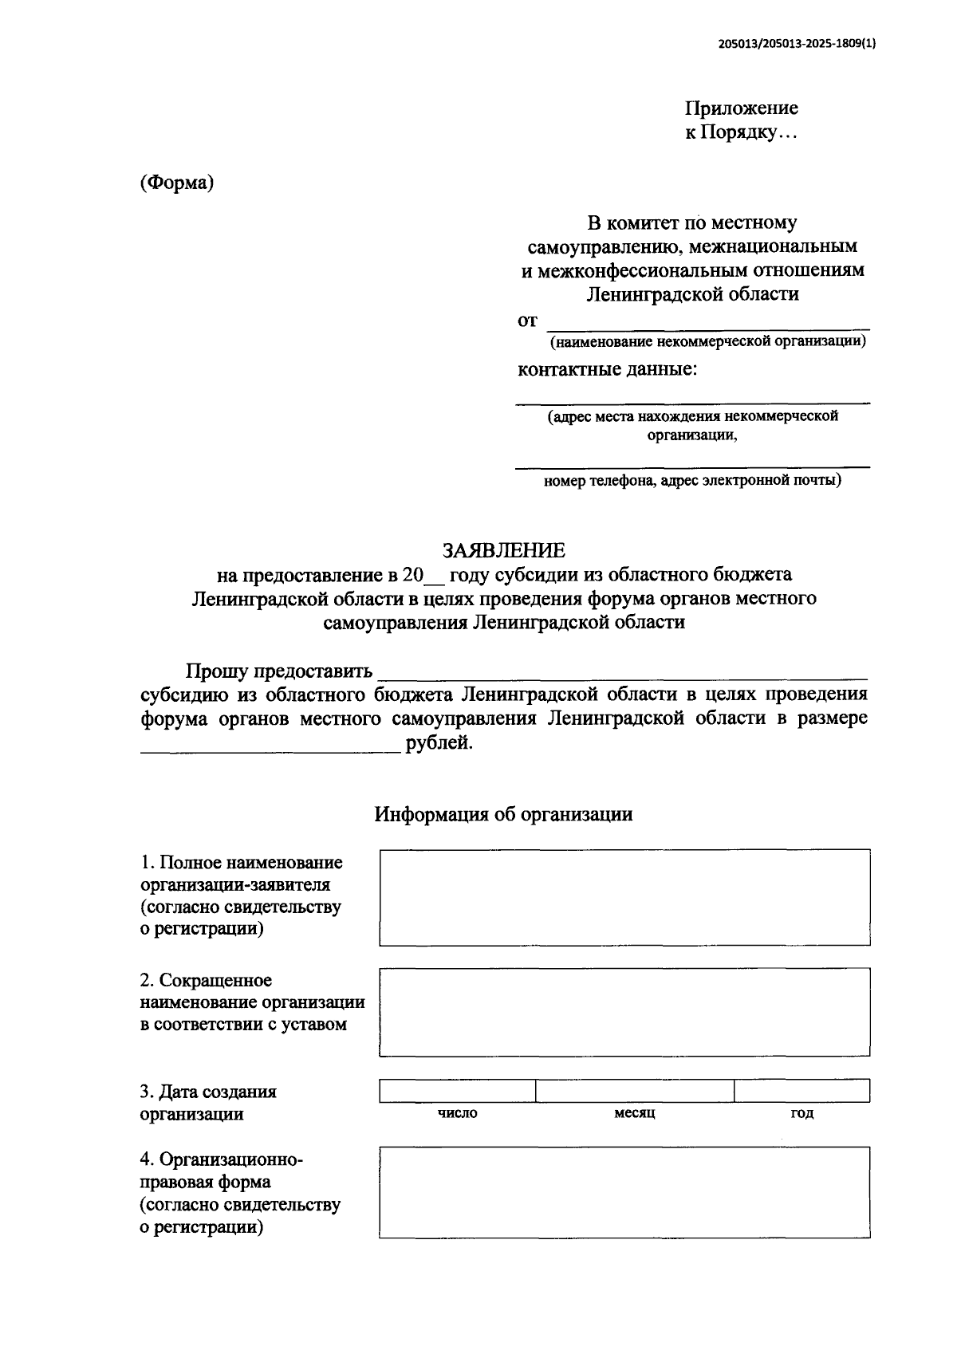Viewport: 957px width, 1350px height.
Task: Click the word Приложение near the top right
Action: tap(742, 108)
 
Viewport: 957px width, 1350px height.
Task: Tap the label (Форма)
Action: tap(178, 183)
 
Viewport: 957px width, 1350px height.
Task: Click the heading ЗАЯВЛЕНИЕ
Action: tap(504, 550)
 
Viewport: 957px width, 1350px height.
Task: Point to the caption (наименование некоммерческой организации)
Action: tap(707, 342)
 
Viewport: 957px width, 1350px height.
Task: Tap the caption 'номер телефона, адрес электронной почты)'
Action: tap(692, 481)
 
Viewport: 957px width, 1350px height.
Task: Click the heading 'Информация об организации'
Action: tap(504, 814)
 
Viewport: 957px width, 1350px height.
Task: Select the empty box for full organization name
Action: tap(624, 897)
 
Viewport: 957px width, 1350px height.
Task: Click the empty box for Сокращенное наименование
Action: tap(624, 1012)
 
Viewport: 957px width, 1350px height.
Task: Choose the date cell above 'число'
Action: tap(458, 1090)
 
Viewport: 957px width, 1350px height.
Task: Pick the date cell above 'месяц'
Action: tap(635, 1090)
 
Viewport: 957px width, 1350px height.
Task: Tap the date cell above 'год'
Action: tap(801, 1090)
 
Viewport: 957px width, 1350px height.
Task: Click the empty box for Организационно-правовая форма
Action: tap(624, 1192)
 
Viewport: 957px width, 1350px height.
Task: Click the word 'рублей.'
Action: tap(439, 743)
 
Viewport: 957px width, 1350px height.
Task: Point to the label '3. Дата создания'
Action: tap(209, 1092)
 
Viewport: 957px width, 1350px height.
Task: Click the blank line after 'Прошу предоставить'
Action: tap(622, 672)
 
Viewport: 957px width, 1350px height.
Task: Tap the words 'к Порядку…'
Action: tap(742, 132)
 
